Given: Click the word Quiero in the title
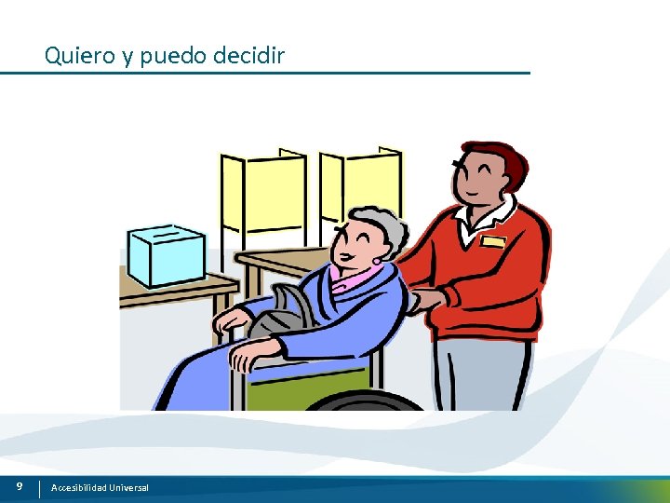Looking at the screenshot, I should (x=79, y=56).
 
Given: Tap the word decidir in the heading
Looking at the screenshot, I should (x=248, y=56).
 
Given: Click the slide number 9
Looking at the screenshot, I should (x=19, y=486).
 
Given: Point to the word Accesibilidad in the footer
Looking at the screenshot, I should (x=80, y=488).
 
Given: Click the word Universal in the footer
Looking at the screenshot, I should (x=129, y=488).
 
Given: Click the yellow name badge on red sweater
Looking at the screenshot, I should (x=493, y=241).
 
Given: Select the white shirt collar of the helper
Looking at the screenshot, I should (x=484, y=219).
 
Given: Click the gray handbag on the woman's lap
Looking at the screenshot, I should (x=279, y=312).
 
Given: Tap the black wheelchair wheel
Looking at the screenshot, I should (x=363, y=401).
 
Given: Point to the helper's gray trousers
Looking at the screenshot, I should (x=484, y=373).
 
